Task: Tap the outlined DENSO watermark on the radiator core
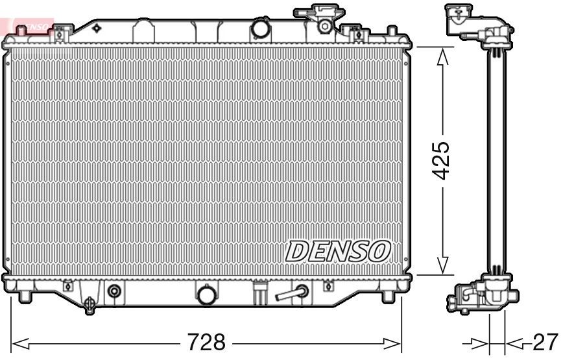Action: pos(339,250)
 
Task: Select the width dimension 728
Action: pos(206,341)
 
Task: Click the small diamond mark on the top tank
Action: pos(97,28)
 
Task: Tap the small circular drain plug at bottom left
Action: pos(115,291)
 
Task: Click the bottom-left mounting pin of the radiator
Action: pos(25,296)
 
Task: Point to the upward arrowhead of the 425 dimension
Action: pos(442,57)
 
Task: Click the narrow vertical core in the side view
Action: pos(496,162)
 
